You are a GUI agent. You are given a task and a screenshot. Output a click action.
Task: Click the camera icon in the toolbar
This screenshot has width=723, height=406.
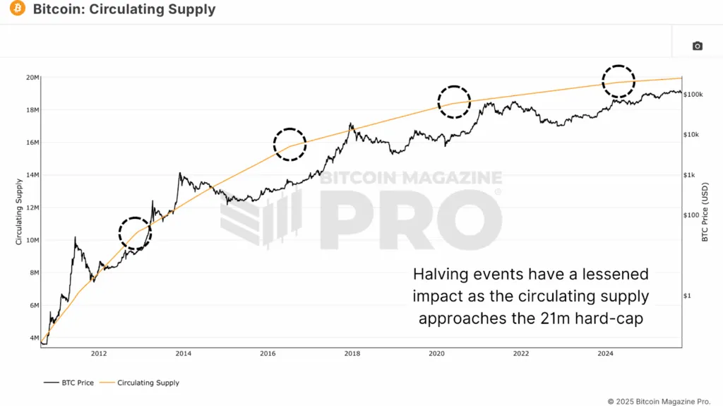click(697, 46)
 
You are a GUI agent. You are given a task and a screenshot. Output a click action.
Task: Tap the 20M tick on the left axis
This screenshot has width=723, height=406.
click(32, 78)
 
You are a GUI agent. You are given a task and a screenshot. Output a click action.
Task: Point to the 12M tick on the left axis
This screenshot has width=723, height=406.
click(32, 208)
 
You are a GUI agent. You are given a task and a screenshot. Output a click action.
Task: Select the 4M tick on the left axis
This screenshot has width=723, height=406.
click(32, 338)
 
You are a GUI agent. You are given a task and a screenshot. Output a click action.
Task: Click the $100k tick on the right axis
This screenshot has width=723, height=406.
click(693, 94)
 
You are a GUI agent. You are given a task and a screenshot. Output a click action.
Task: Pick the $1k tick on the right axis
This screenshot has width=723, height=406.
click(691, 175)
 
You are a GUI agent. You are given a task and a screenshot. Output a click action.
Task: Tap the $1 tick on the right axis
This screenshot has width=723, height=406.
click(688, 296)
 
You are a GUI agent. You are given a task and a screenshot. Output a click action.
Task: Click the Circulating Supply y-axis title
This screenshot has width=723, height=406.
click(18, 212)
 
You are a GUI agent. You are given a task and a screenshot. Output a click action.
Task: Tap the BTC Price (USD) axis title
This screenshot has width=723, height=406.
click(705, 212)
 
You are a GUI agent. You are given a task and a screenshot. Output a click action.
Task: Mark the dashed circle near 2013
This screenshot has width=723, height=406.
click(135, 232)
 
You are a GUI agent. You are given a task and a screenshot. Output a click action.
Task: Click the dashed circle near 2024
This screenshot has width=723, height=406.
click(618, 80)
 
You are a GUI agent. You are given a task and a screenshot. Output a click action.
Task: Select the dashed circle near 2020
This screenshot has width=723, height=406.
click(453, 102)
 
